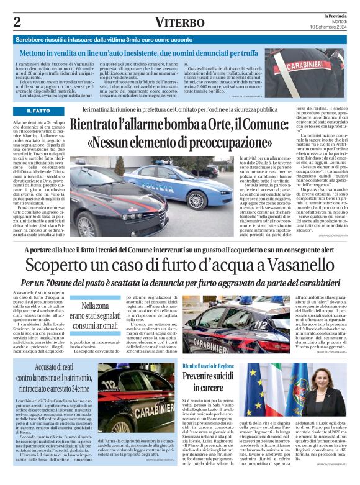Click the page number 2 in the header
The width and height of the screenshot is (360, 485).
pos(17,21)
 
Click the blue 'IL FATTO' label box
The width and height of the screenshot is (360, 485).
pos(38,111)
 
